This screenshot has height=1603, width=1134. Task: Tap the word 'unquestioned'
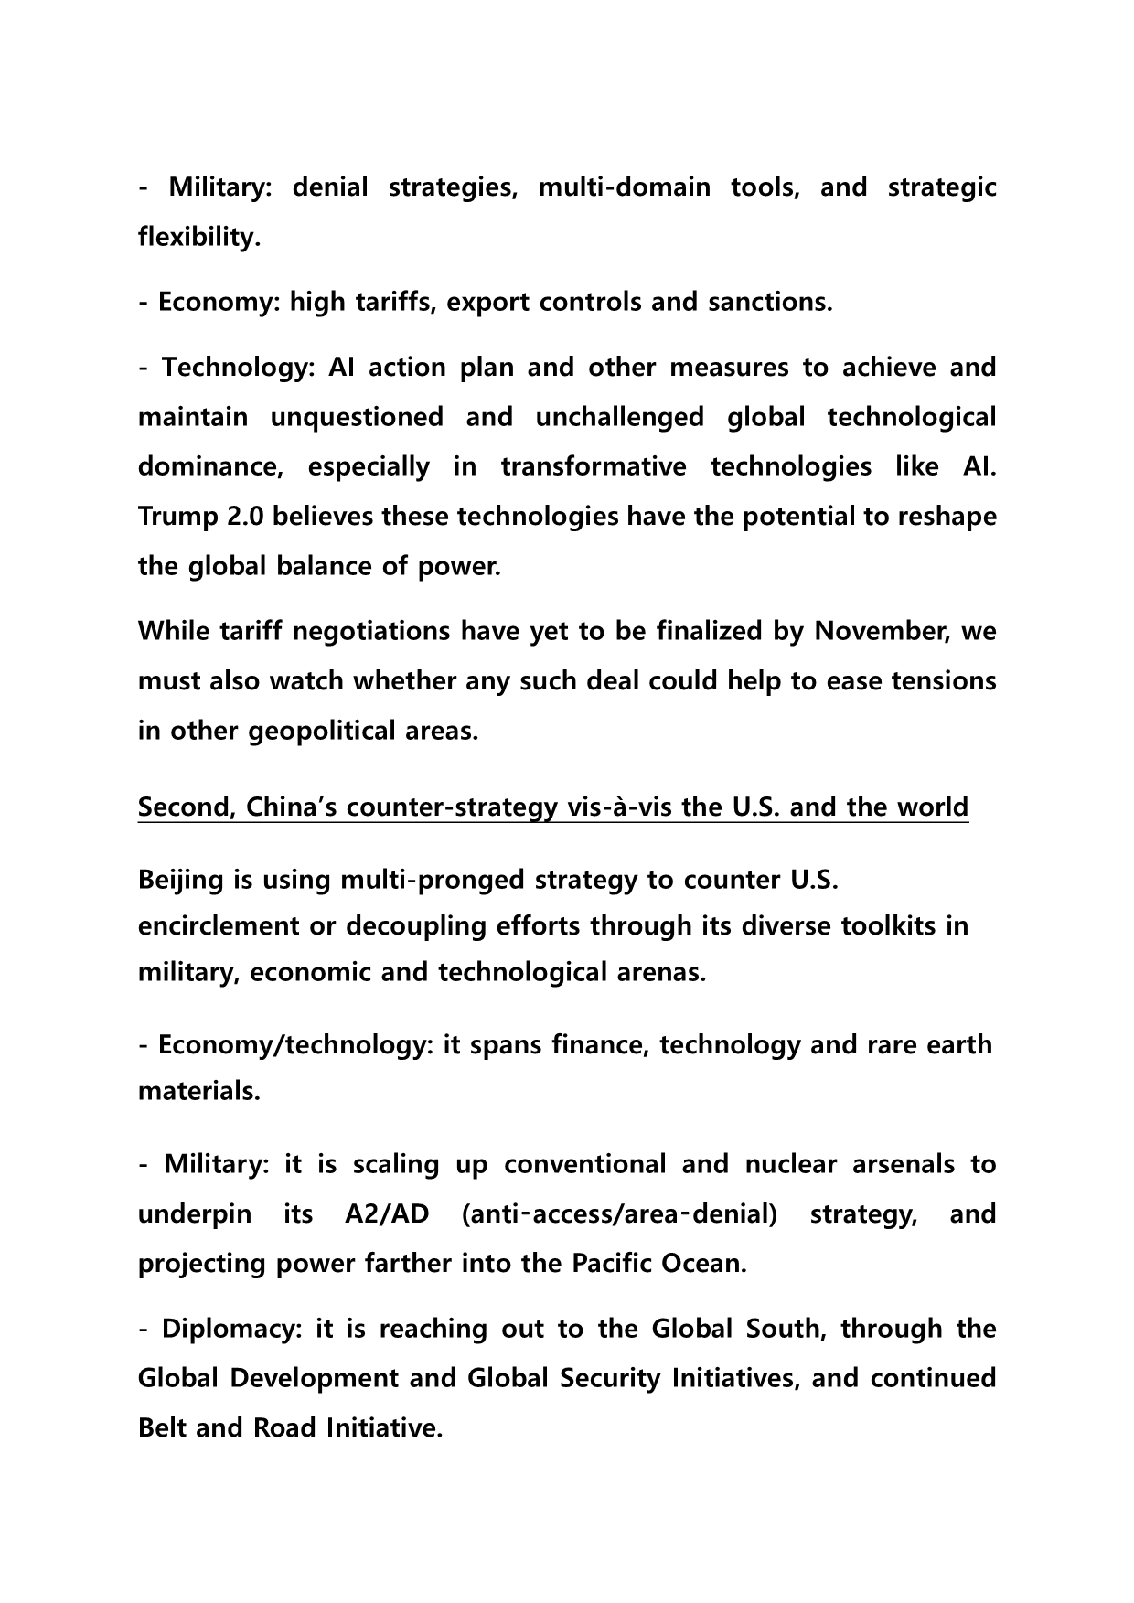(x=357, y=417)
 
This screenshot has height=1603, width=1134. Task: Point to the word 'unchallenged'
(x=620, y=417)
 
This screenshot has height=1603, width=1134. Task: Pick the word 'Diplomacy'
(x=231, y=1330)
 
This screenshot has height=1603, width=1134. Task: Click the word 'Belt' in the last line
(x=162, y=1428)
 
